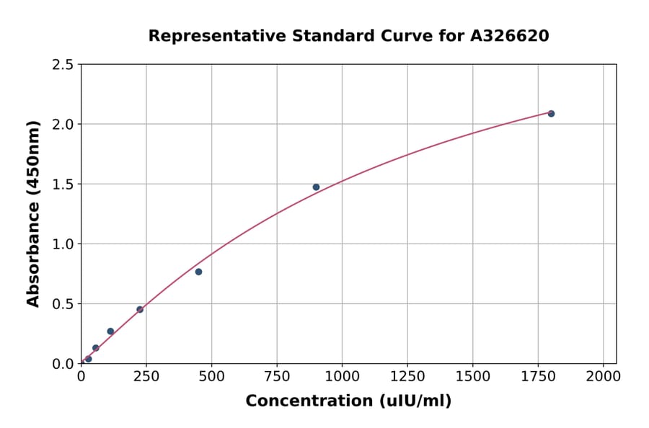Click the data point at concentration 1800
(551, 114)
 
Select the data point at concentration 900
(316, 187)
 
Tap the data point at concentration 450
(198, 272)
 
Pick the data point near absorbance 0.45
(140, 310)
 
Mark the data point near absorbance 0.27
(110, 331)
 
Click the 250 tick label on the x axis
(146, 376)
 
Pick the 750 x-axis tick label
(277, 376)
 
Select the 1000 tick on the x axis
(342, 376)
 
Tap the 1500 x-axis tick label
(472, 376)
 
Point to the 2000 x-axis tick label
(603, 376)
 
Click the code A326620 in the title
(510, 36)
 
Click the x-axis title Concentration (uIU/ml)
(348, 401)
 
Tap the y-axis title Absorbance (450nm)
(33, 214)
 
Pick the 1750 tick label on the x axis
(538, 376)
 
